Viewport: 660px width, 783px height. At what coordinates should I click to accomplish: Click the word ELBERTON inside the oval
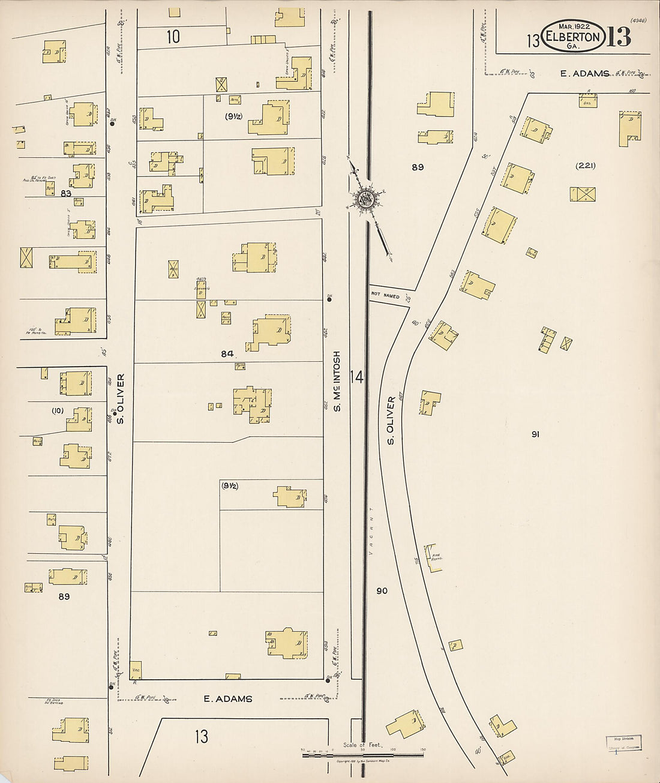[572, 37]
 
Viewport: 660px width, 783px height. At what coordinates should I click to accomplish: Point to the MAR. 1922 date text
[574, 26]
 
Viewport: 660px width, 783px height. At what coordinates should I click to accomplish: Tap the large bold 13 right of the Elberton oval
[619, 38]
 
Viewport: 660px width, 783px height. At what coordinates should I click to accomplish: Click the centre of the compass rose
[364, 199]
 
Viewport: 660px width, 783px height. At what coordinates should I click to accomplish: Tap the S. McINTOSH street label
[337, 381]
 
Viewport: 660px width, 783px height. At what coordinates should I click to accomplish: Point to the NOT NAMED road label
[385, 296]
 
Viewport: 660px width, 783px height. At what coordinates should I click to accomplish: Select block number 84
[227, 354]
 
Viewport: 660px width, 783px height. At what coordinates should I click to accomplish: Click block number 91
[535, 434]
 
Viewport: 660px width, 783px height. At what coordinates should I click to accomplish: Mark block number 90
[382, 591]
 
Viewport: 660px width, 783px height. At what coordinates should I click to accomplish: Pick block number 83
[65, 193]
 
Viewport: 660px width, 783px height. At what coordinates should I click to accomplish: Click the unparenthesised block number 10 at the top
[173, 37]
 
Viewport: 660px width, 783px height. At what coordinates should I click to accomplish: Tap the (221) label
[585, 166]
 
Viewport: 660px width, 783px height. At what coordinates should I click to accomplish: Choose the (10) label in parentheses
[58, 410]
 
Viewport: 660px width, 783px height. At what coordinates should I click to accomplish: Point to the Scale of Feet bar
[362, 754]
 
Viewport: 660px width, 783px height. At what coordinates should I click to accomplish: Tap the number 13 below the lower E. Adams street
[201, 736]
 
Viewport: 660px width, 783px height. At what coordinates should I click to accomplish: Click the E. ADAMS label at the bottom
[228, 698]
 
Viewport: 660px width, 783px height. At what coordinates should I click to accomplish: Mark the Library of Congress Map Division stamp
[623, 743]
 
